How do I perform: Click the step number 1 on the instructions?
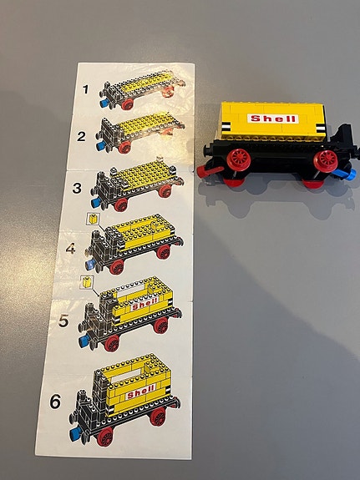click(85, 87)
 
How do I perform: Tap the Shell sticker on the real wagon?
click(274, 119)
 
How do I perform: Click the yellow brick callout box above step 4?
click(92, 220)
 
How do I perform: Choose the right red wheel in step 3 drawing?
click(166, 191)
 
